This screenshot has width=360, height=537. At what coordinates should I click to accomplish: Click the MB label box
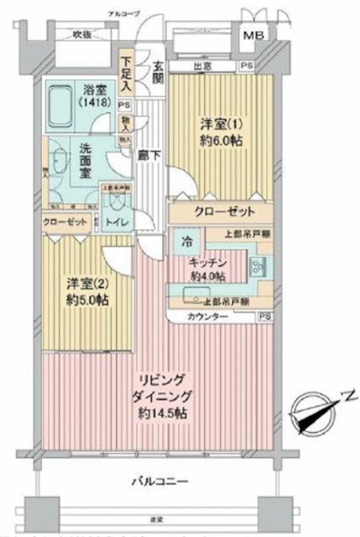pyautogui.click(x=253, y=37)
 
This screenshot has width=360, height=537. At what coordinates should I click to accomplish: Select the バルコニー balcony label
pyautogui.click(x=159, y=481)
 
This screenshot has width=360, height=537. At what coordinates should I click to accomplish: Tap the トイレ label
pyautogui.click(x=112, y=222)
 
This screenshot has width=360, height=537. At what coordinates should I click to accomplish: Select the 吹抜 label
pyautogui.click(x=81, y=34)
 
